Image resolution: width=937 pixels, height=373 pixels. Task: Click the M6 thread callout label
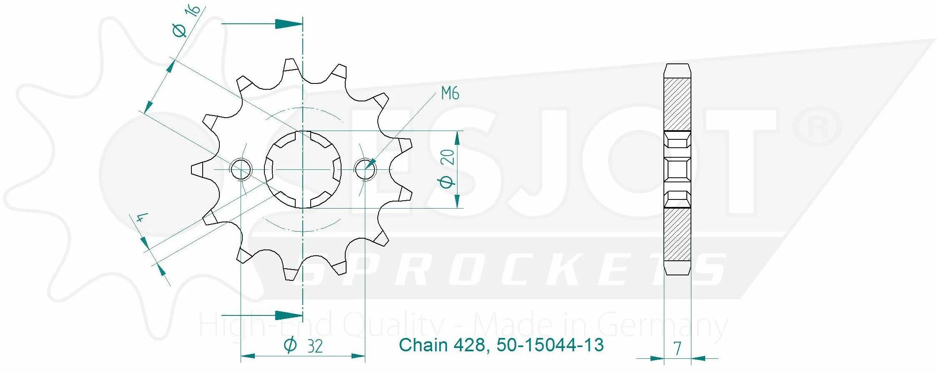[x=450, y=93]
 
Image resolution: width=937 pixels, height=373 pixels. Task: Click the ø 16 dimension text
[x=186, y=21]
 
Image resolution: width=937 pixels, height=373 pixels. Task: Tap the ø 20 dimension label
[x=447, y=169]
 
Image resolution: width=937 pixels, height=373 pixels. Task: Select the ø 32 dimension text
[x=303, y=346]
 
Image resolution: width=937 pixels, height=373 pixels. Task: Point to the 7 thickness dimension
[x=677, y=348]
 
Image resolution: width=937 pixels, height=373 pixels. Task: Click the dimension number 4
[x=142, y=218]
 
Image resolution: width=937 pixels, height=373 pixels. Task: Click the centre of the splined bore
[x=303, y=170]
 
